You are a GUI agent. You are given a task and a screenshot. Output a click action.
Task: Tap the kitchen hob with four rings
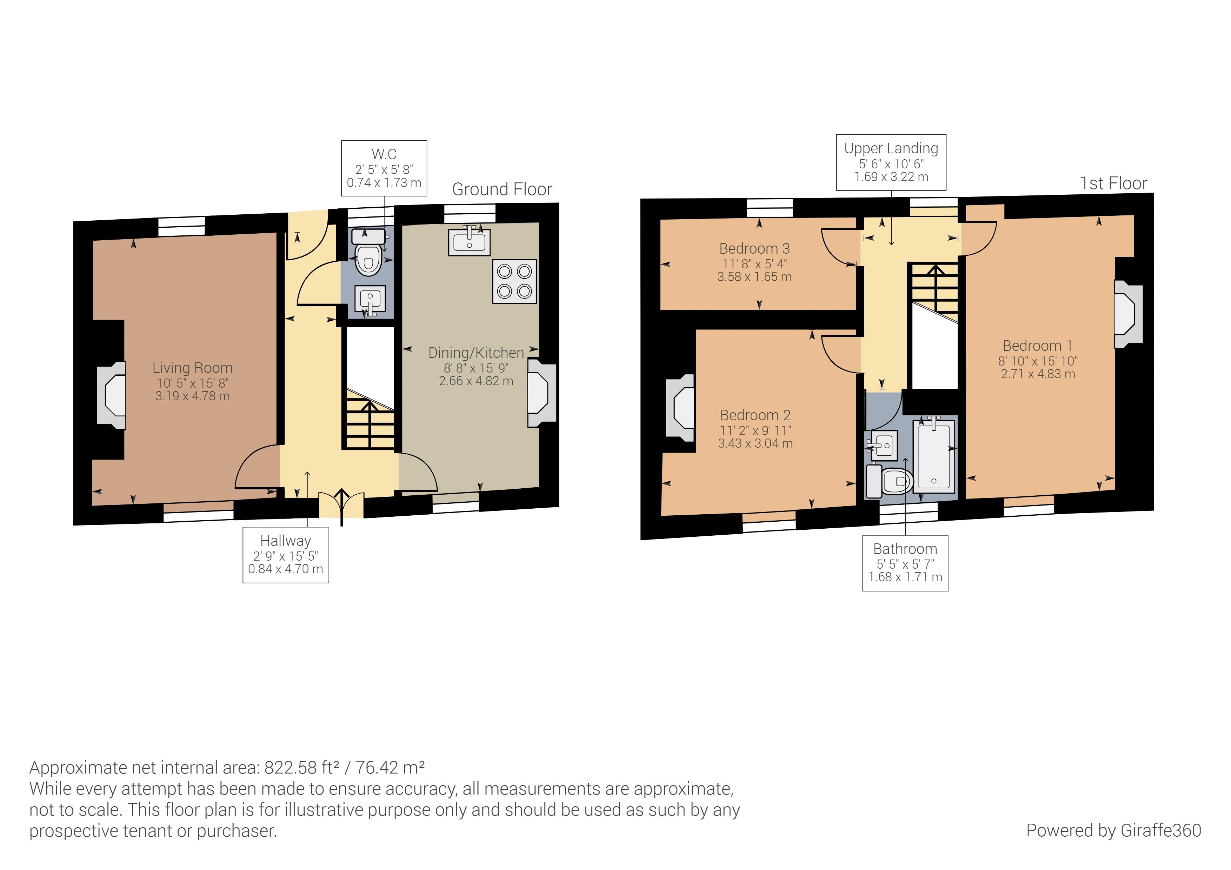514,281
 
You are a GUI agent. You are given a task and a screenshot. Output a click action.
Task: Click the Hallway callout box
285,555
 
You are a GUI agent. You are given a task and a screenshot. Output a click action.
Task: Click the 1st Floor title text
1113,183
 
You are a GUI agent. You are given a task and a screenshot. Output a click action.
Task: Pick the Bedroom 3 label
754,249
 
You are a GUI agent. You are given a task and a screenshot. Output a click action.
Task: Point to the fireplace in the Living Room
112,395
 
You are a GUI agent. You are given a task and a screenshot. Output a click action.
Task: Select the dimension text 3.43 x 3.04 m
755,443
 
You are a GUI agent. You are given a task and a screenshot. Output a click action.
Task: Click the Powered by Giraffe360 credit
1113,830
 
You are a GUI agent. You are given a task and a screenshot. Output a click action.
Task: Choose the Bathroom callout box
905,563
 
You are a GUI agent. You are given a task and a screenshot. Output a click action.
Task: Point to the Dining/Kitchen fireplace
541,393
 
